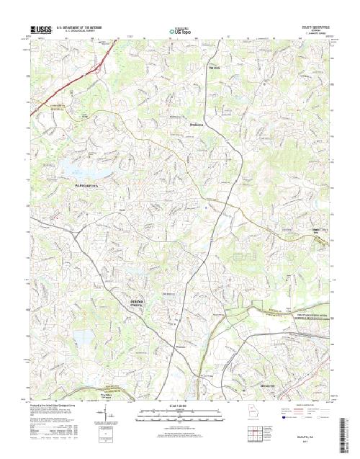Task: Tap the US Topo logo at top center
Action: click(x=179, y=31)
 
